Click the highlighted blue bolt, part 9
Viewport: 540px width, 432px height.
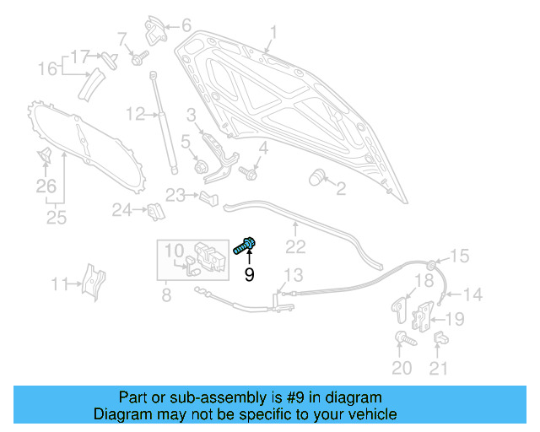(245, 246)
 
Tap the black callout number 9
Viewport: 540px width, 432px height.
(250, 274)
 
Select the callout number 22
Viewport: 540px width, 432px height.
(295, 247)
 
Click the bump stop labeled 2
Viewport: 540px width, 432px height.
(316, 177)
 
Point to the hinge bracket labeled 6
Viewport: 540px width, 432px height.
(155, 30)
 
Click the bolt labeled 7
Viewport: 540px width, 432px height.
(139, 58)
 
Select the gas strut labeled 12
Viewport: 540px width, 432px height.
(164, 122)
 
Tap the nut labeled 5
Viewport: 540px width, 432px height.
(200, 167)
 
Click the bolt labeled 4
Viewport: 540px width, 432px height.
(249, 173)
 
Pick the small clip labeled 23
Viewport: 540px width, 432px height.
(209, 198)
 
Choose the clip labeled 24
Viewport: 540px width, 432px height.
(156, 212)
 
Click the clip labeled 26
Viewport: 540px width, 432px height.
(45, 155)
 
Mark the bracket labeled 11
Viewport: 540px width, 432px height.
(93, 282)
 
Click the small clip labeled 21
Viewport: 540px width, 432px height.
(440, 338)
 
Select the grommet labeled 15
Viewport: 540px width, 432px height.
(431, 265)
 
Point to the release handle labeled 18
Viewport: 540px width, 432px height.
(399, 310)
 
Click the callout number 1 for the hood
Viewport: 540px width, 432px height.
(273, 33)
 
